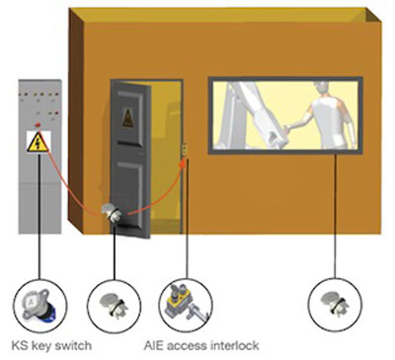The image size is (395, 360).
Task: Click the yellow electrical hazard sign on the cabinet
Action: click(x=39, y=142)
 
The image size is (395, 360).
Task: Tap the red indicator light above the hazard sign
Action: click(x=38, y=125)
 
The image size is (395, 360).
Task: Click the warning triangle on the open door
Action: click(x=127, y=117)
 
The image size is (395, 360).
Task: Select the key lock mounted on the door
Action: click(x=113, y=213)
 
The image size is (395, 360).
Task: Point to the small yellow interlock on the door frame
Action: click(x=185, y=150)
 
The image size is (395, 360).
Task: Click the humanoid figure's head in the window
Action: click(x=322, y=89)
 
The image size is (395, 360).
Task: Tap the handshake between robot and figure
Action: click(x=285, y=128)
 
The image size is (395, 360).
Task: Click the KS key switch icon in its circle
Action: click(x=39, y=306)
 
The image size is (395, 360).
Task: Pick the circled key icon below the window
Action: click(x=335, y=303)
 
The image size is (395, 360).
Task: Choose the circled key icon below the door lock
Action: click(x=115, y=305)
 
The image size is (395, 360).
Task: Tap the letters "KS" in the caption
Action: click(x=20, y=346)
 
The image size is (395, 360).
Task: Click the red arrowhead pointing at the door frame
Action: click(x=183, y=163)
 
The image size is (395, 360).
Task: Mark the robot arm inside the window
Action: click(x=253, y=115)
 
